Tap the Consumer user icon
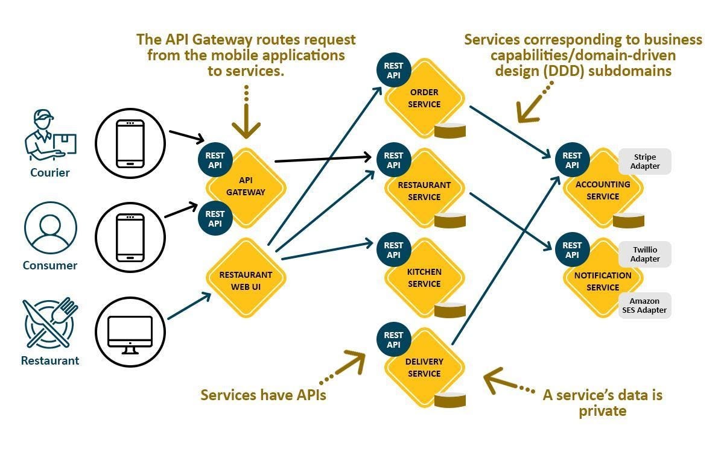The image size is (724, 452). point(50,230)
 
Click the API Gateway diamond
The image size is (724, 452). point(246,187)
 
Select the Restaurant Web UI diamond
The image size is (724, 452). point(246,278)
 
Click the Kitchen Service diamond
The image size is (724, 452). point(424,278)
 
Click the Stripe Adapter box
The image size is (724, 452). point(645,162)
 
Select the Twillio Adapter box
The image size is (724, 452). point(645,254)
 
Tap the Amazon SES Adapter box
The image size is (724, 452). point(644,306)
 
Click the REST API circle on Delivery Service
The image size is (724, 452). point(393,339)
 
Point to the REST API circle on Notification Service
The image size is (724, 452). point(572,250)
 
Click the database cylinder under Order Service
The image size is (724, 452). point(451,130)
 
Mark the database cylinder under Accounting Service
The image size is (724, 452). point(629,220)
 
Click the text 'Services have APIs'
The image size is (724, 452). point(263,395)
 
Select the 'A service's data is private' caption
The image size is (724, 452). point(602,403)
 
